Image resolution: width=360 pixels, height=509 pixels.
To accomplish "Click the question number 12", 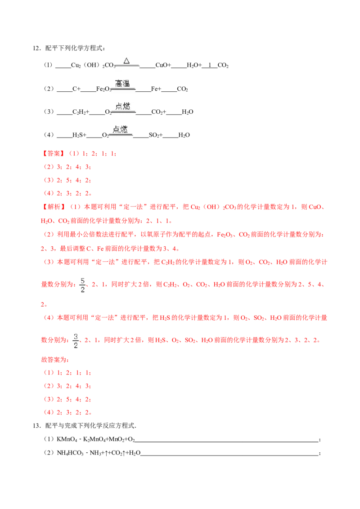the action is tap(36, 49).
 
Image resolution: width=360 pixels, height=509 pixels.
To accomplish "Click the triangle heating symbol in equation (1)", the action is tap(127, 61).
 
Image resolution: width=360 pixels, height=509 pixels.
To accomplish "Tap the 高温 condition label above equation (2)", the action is tap(122, 84).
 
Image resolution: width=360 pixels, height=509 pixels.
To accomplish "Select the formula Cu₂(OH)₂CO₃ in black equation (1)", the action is tap(93, 65).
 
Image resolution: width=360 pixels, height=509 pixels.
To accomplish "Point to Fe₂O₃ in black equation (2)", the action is tap(104, 89).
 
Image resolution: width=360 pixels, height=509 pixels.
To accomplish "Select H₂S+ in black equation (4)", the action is tap(79, 135).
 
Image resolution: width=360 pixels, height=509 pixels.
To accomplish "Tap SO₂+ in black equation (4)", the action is tap(156, 135).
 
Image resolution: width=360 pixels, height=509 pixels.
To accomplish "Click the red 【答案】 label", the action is tap(54, 153).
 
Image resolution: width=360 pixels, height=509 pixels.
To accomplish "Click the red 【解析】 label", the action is tap(54, 207).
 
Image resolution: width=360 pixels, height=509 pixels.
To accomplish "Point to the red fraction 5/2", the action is tap(82, 285).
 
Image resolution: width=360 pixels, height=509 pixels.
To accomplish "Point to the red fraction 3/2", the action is tap(76, 341).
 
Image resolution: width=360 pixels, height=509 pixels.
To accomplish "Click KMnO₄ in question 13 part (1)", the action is tap(67, 440).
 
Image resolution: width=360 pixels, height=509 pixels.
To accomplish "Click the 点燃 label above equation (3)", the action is tap(123, 106).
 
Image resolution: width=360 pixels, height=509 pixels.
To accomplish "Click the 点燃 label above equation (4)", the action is tap(120, 129).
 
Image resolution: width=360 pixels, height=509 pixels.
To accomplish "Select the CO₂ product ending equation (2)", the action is tap(182, 89).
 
